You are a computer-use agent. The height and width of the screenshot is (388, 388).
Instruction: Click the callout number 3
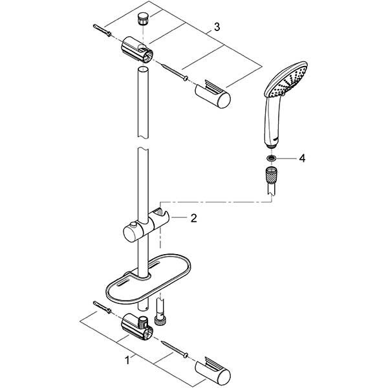click(217, 27)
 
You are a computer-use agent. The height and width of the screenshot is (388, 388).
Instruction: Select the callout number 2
click(193, 219)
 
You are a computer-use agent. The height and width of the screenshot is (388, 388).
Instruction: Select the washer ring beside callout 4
click(270, 158)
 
